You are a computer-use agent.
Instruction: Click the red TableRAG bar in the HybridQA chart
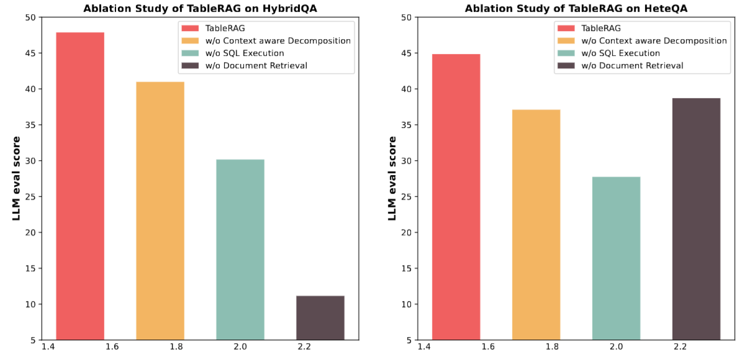click(80, 186)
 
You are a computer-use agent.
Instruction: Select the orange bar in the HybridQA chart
click(160, 210)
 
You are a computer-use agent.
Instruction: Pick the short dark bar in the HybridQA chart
click(320, 318)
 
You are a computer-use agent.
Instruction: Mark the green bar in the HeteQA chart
click(616, 258)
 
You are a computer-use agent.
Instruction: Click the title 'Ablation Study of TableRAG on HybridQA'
click(200, 9)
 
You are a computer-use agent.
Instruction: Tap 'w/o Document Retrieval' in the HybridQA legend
click(257, 65)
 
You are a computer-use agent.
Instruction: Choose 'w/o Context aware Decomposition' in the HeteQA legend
click(653, 40)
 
